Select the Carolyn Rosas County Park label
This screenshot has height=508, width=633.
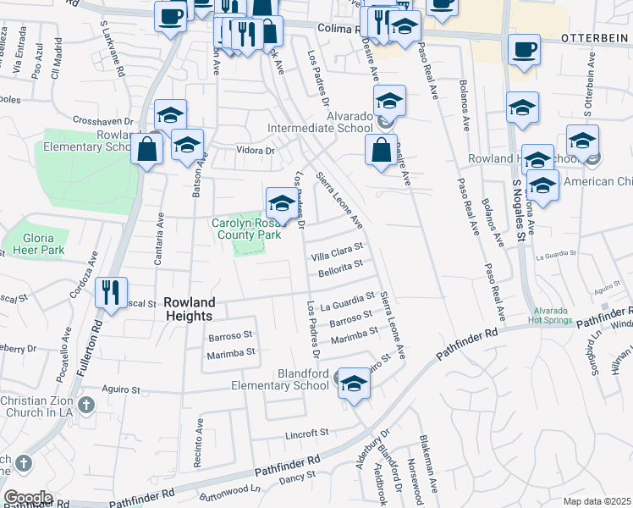pos(246,229)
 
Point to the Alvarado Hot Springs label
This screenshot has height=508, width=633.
pos(554,315)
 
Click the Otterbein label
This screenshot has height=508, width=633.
pos(596,39)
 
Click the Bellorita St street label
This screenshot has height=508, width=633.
pos(340,268)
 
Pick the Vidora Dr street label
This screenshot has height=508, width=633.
pos(257,151)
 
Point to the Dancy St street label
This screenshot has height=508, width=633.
pos(297,479)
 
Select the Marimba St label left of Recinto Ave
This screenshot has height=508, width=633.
pos(230,356)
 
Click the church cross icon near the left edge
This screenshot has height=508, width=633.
pos(24,463)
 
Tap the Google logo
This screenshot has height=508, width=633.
pos(27,498)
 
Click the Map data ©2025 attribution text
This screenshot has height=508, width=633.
pos(596,501)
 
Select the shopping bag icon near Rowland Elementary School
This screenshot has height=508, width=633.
pos(147,149)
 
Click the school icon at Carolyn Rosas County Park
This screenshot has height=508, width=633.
pos(281,203)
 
